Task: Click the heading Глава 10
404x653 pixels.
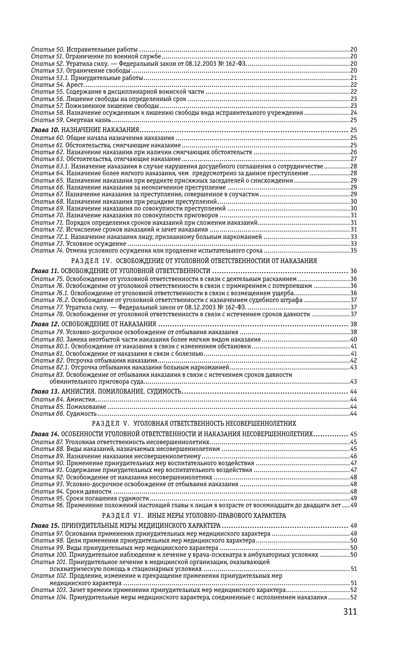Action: (x=45, y=130)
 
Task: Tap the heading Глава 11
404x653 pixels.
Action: (x=45, y=271)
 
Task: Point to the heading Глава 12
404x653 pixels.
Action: (x=45, y=324)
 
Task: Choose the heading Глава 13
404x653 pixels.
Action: (x=45, y=392)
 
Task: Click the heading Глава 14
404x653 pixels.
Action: (x=45, y=434)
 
